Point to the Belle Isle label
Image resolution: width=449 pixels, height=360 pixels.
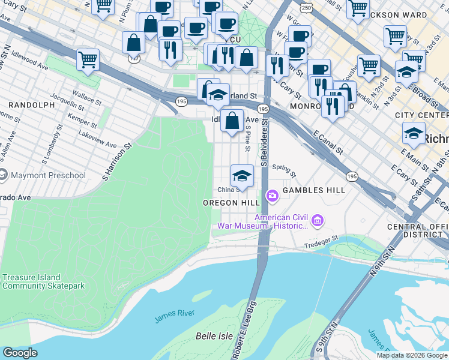(x=211, y=336)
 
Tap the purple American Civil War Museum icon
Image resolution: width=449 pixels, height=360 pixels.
(x=318, y=221)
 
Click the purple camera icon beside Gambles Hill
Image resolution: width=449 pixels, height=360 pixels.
(x=272, y=195)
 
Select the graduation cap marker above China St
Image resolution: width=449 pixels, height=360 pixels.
(x=242, y=175)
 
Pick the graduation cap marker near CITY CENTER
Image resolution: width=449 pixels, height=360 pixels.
(x=414, y=133)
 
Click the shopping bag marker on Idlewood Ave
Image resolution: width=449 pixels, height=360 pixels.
(x=232, y=121)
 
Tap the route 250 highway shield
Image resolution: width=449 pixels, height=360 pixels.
(x=307, y=8)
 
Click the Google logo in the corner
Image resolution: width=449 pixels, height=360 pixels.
(x=20, y=353)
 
